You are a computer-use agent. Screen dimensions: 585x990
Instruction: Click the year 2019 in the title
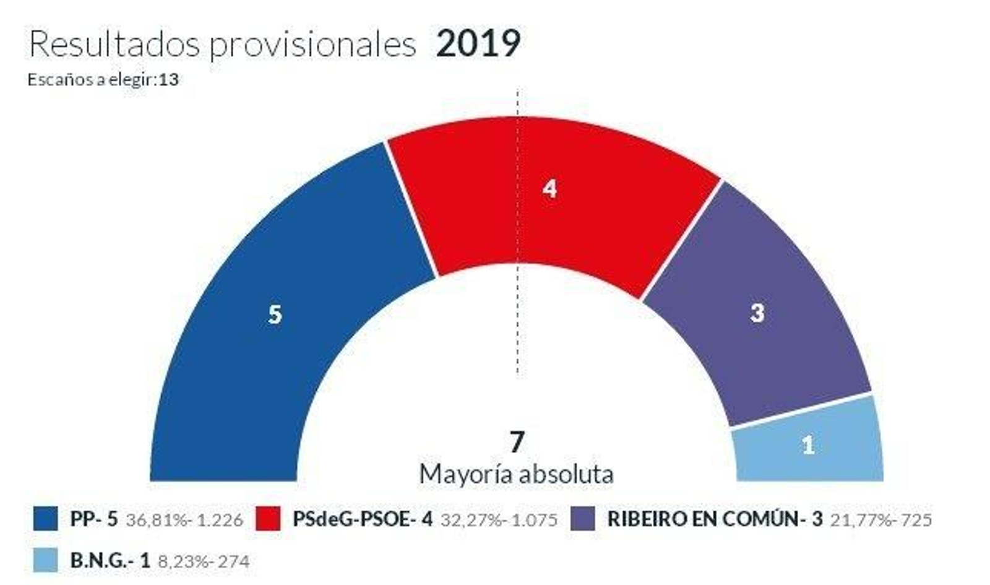tap(478, 44)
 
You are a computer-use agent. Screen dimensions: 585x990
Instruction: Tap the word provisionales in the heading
tap(312, 45)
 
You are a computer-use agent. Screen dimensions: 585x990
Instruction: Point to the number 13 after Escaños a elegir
tap(168, 80)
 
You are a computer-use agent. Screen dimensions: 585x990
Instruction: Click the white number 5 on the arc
tap(275, 315)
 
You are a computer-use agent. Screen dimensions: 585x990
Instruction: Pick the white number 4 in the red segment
tap(549, 189)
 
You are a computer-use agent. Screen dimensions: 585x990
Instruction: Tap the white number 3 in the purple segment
tap(757, 313)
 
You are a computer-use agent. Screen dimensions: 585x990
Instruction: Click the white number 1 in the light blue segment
tap(807, 445)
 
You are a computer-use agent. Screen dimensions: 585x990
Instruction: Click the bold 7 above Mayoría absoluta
tap(517, 442)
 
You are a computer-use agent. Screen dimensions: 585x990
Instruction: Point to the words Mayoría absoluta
tap(517, 475)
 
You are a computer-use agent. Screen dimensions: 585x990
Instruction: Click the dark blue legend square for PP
tap(45, 519)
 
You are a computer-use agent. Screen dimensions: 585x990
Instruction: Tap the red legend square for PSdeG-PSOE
tap(268, 519)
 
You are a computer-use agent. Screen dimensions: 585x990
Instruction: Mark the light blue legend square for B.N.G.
tap(45, 560)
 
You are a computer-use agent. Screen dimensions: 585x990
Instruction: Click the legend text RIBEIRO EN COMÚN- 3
tap(715, 519)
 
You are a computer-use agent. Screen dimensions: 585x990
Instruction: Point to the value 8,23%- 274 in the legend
tap(204, 561)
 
